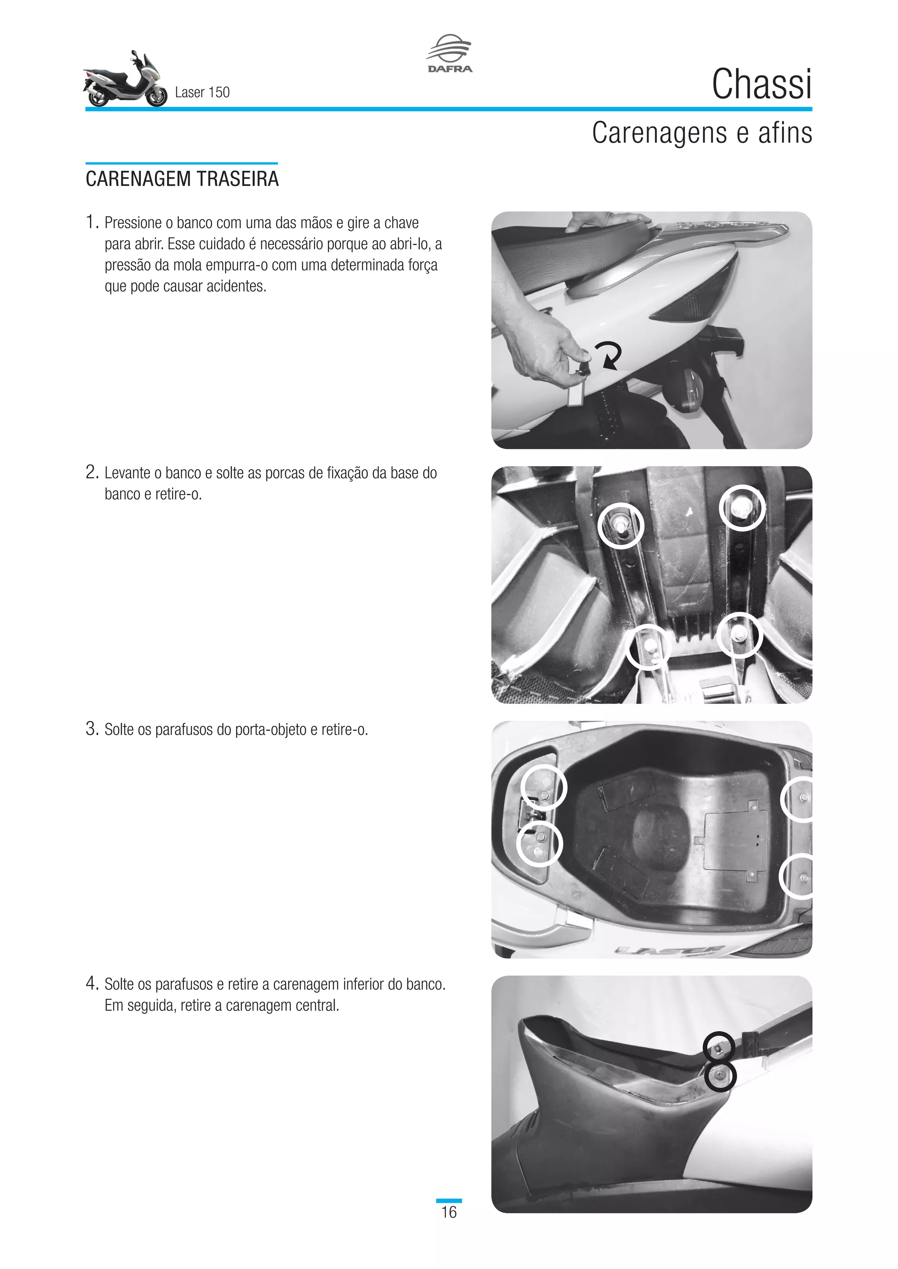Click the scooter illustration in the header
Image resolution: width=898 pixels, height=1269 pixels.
125,81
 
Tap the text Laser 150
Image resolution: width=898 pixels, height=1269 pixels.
202,92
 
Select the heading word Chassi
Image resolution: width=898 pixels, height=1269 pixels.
762,85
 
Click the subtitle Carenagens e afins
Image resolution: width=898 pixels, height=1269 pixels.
702,133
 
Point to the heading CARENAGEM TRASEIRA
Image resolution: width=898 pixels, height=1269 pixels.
182,179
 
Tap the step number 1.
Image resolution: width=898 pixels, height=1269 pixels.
91,222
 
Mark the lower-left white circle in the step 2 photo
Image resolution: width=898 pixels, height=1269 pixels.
648,647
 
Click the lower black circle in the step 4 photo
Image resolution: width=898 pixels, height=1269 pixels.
720,1076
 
